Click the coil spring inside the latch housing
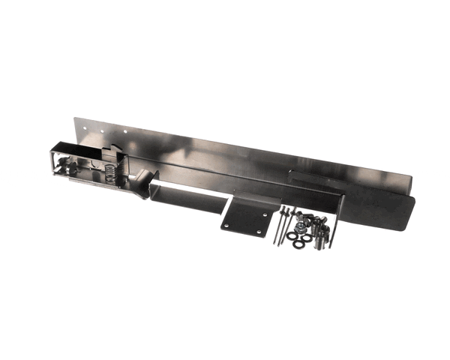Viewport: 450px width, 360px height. [110, 178]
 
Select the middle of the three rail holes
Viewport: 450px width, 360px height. [93, 129]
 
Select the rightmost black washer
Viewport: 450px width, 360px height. [307, 237]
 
